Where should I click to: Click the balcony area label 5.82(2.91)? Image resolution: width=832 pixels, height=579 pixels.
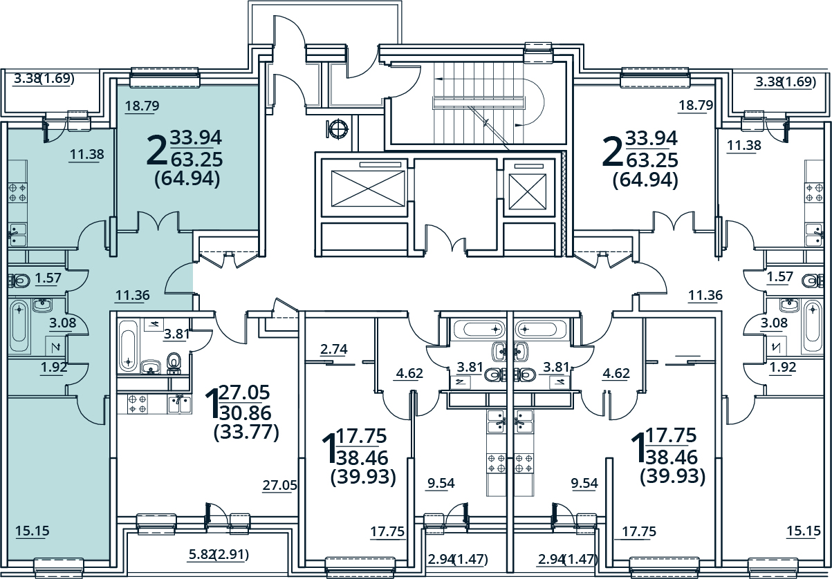(219, 554)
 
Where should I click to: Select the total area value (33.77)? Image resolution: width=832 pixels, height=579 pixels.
(246, 433)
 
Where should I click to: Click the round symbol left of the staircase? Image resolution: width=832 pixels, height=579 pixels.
(338, 129)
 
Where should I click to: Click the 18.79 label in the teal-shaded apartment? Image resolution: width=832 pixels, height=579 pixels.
(142, 106)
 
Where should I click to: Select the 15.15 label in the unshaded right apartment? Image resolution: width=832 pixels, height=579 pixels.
(803, 531)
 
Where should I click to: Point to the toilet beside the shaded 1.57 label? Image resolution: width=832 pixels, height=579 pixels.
(19, 281)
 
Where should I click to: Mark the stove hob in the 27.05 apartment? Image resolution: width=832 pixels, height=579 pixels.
(136, 404)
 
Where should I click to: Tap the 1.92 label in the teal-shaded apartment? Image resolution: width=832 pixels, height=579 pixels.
(53, 367)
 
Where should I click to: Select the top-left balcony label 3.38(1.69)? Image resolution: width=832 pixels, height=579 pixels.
(44, 79)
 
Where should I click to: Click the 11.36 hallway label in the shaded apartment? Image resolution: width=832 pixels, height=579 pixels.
(132, 295)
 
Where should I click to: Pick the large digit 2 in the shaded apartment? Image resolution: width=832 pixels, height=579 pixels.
(156, 151)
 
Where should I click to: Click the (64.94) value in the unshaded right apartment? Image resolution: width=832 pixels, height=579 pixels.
(645, 180)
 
